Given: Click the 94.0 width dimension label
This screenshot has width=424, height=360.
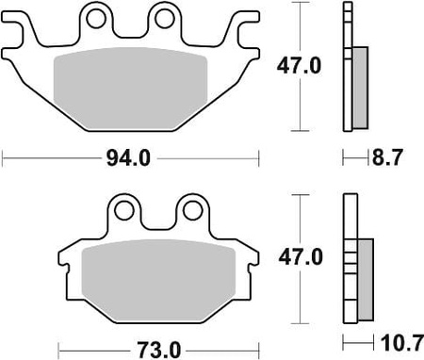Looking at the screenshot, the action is coord(128,158).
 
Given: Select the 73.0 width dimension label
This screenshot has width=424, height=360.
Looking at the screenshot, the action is coord(158,350).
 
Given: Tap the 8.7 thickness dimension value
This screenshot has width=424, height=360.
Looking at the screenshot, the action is coord(387,157).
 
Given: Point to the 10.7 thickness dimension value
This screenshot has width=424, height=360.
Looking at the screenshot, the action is coord(401,343).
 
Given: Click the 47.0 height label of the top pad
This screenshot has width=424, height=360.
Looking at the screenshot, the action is coord(299,66).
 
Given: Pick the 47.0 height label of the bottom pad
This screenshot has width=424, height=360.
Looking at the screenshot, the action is coord(301,257).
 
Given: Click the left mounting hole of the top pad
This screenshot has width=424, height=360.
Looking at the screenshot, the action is coord(95,19).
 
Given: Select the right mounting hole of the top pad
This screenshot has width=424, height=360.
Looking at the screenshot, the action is coord(165,19).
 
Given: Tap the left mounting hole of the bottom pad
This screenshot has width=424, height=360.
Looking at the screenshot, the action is coord(123,210).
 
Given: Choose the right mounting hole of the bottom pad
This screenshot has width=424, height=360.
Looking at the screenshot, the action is coord(192,210).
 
